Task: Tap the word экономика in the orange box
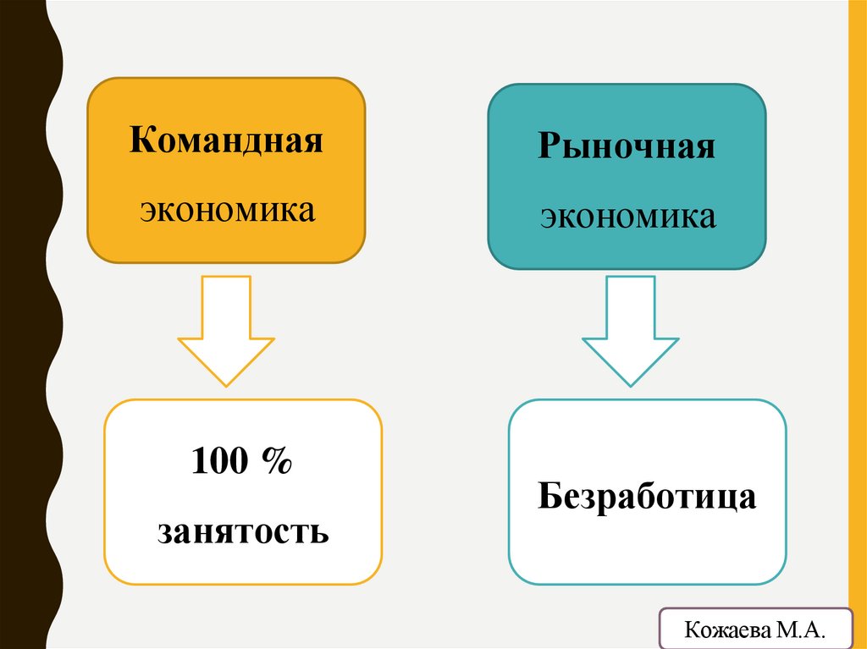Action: click(226, 209)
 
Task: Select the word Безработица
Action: click(647, 497)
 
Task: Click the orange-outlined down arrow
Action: click(226, 330)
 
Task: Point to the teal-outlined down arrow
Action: click(630, 330)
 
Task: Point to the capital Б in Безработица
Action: click(549, 497)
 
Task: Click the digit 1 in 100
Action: click(199, 464)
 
